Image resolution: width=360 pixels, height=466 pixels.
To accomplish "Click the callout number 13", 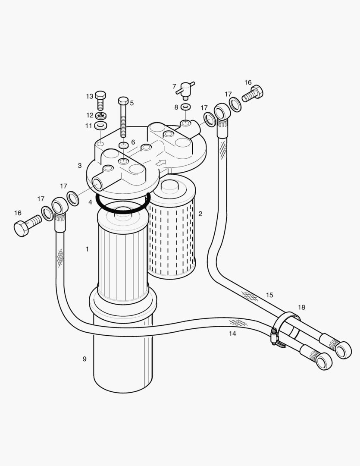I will click(x=89, y=96).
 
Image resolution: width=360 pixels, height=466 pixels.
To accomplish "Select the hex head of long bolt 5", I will click(x=123, y=101).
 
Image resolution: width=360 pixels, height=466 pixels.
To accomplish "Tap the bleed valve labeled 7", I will click(x=186, y=89).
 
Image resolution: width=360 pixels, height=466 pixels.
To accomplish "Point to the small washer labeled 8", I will click(x=185, y=107).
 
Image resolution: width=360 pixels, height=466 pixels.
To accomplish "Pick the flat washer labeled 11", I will click(x=101, y=126).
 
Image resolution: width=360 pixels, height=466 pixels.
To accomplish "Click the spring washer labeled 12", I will click(x=100, y=115).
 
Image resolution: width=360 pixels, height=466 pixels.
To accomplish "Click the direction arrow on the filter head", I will click(x=160, y=163).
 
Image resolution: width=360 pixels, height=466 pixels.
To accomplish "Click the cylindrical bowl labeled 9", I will click(x=123, y=362).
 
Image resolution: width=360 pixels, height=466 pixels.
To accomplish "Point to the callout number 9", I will click(x=85, y=359).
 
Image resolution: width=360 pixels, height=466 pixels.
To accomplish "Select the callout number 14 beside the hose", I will click(x=232, y=333).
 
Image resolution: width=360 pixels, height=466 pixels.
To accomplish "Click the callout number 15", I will click(x=269, y=295).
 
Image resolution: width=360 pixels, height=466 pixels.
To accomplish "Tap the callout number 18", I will click(x=301, y=307).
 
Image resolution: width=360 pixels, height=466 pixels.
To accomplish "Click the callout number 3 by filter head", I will click(x=80, y=165).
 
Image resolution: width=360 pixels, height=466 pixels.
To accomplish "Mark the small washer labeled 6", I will click(x=123, y=146).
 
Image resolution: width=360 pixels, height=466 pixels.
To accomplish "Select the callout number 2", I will click(x=200, y=214).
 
